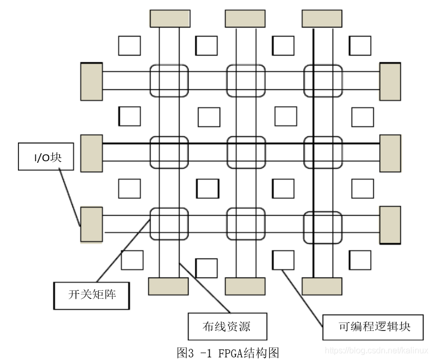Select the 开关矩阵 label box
click(x=92, y=296)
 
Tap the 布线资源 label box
click(x=227, y=326)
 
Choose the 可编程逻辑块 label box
click(x=374, y=327)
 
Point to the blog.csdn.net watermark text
click(x=376, y=350)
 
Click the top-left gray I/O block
click(x=169, y=18)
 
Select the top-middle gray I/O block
click(x=245, y=18)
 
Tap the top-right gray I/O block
click(x=322, y=18)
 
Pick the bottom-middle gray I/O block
click(x=245, y=286)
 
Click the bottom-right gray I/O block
click(x=322, y=286)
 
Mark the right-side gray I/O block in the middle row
click(x=390, y=153)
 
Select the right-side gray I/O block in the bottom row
click(x=390, y=225)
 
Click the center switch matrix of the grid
click(x=246, y=152)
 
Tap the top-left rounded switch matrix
click(x=169, y=81)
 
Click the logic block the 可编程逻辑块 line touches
click(x=283, y=260)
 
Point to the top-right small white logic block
click(x=360, y=45)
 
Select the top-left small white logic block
click(x=129, y=45)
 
